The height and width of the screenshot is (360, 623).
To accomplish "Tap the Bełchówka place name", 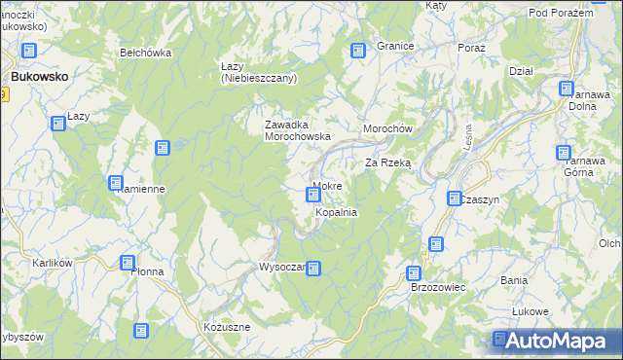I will tap(145, 53).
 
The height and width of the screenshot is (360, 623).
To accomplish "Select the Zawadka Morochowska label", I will tap(300, 130).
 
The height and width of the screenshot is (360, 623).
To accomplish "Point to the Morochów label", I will tap(389, 129).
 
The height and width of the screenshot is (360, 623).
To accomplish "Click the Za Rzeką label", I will tap(388, 163).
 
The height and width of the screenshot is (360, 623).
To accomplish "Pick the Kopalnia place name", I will tap(336, 211).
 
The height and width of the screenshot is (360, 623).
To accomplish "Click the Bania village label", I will tap(513, 280).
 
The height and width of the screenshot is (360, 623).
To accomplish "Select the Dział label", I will tap(521, 70).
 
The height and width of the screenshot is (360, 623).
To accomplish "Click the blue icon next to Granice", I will tap(358, 50).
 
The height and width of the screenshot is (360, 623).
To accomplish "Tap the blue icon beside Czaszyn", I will tap(455, 198).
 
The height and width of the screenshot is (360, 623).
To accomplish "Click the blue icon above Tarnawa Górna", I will tap(564, 152).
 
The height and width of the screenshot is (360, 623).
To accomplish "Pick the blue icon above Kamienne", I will tap(116, 183).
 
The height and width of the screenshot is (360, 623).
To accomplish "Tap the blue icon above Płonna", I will tap(128, 262).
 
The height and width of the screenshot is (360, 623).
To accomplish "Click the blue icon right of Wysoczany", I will tap(313, 268).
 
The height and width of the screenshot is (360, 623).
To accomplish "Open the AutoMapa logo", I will tap(554, 341).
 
